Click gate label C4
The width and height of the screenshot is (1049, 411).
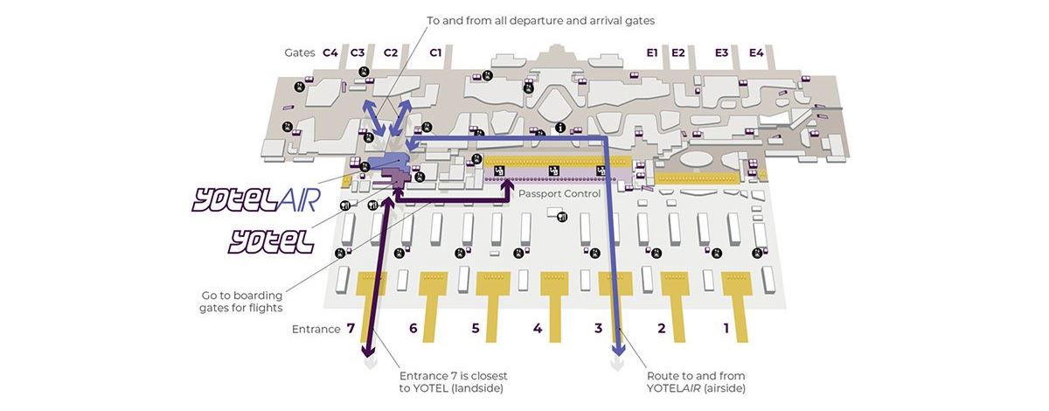pyautogui.click(x=330, y=52)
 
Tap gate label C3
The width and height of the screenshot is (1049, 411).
pyautogui.click(x=358, y=52)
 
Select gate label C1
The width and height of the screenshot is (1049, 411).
pyautogui.click(x=435, y=52)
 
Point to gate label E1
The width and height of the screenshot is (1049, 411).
pyautogui.click(x=651, y=52)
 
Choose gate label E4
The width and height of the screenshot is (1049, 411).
pyautogui.click(x=756, y=52)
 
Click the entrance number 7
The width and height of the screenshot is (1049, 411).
pyautogui.click(x=350, y=329)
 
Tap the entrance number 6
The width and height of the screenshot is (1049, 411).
pyautogui.click(x=413, y=329)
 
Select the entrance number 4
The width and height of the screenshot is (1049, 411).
pyautogui.click(x=538, y=329)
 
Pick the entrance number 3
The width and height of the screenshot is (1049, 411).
pyautogui.click(x=598, y=329)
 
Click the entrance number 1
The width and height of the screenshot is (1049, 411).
pyautogui.click(x=726, y=329)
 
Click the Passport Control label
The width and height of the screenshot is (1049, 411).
pyautogui.click(x=559, y=193)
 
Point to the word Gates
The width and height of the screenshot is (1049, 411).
pyautogui.click(x=300, y=52)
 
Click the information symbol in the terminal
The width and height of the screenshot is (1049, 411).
pyautogui.click(x=560, y=128)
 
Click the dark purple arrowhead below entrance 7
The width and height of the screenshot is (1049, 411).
pyautogui.click(x=369, y=352)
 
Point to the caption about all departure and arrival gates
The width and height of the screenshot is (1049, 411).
pyautogui.click(x=540, y=19)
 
